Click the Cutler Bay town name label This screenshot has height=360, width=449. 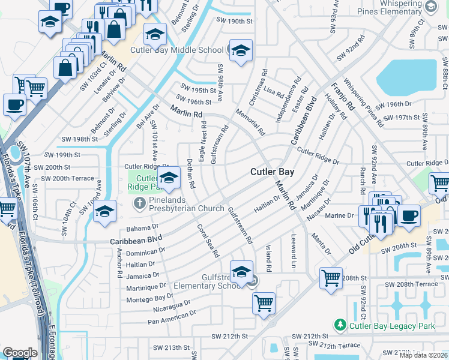272,172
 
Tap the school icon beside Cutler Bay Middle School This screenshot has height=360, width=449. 241,51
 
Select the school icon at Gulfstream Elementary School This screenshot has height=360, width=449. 241,272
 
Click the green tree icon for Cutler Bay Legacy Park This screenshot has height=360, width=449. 340,325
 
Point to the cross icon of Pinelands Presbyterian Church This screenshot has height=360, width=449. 139,203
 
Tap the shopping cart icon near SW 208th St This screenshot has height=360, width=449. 331,278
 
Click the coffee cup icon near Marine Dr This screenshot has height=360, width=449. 410,215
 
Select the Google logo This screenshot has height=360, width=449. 20,352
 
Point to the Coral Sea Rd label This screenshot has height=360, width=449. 208,241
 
